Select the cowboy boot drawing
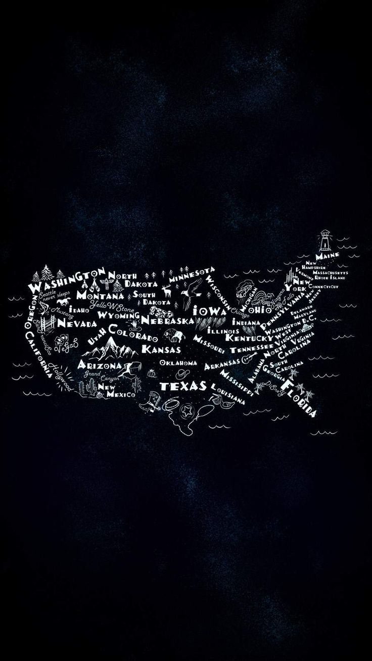pos(154,400)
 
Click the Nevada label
pos(77,323)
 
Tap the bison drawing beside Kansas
pos(171,334)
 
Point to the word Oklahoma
pos(178,363)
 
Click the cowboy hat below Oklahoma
pos(181,374)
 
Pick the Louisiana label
pos(228,393)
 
